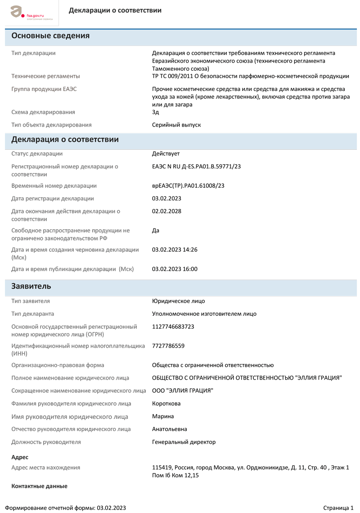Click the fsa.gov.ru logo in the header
[31, 13]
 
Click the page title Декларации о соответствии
[115, 10]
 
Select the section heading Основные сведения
[50, 36]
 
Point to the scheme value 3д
[156, 112]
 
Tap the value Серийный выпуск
[176, 125]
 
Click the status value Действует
[166, 154]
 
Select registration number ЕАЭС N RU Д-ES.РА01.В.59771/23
[197, 167]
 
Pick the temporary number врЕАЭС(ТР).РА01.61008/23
[188, 186]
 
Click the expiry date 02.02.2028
[166, 211]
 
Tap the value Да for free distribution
[156, 230]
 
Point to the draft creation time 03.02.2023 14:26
[175, 250]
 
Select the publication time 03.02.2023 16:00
[175, 269]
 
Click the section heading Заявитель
[31, 286]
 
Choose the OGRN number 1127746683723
[173, 327]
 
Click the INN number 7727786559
[168, 346]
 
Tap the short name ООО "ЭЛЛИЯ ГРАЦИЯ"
[183, 390]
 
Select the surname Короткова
[166, 404]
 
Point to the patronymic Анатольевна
[170, 429]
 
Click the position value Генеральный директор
[184, 442]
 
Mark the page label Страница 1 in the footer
[338, 508]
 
